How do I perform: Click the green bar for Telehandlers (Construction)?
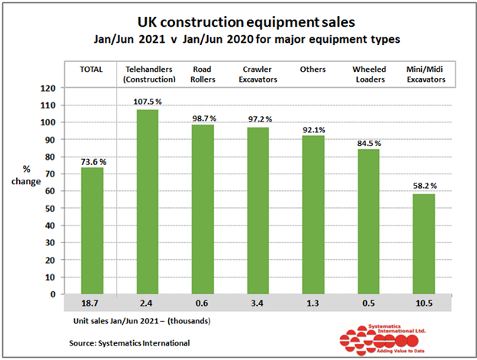point(147,202)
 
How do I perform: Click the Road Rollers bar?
point(202,209)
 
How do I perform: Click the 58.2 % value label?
point(423,186)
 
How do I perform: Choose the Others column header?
point(313,70)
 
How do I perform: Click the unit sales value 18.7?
point(92,303)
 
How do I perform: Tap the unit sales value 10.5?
point(423,303)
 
